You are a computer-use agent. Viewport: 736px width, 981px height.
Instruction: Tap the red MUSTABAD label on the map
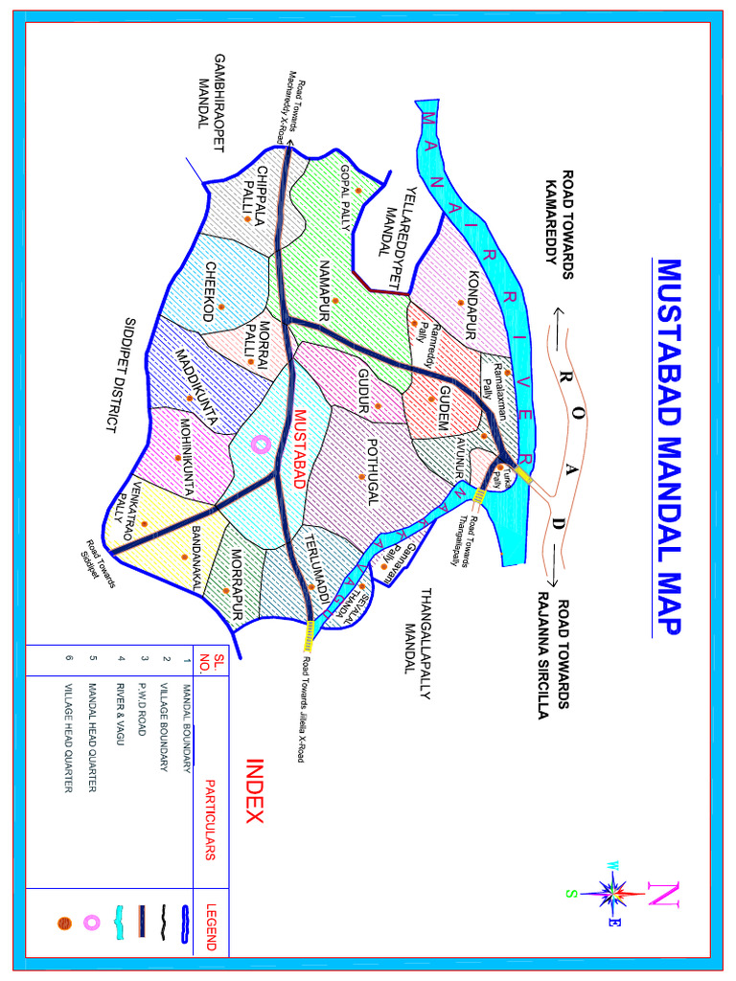(299, 450)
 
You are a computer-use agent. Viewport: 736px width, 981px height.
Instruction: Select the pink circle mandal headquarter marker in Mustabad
(259, 444)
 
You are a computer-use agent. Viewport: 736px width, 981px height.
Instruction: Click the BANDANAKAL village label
(196, 559)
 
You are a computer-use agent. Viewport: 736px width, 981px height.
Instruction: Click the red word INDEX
(255, 791)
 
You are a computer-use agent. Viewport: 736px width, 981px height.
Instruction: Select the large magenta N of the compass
(663, 895)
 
